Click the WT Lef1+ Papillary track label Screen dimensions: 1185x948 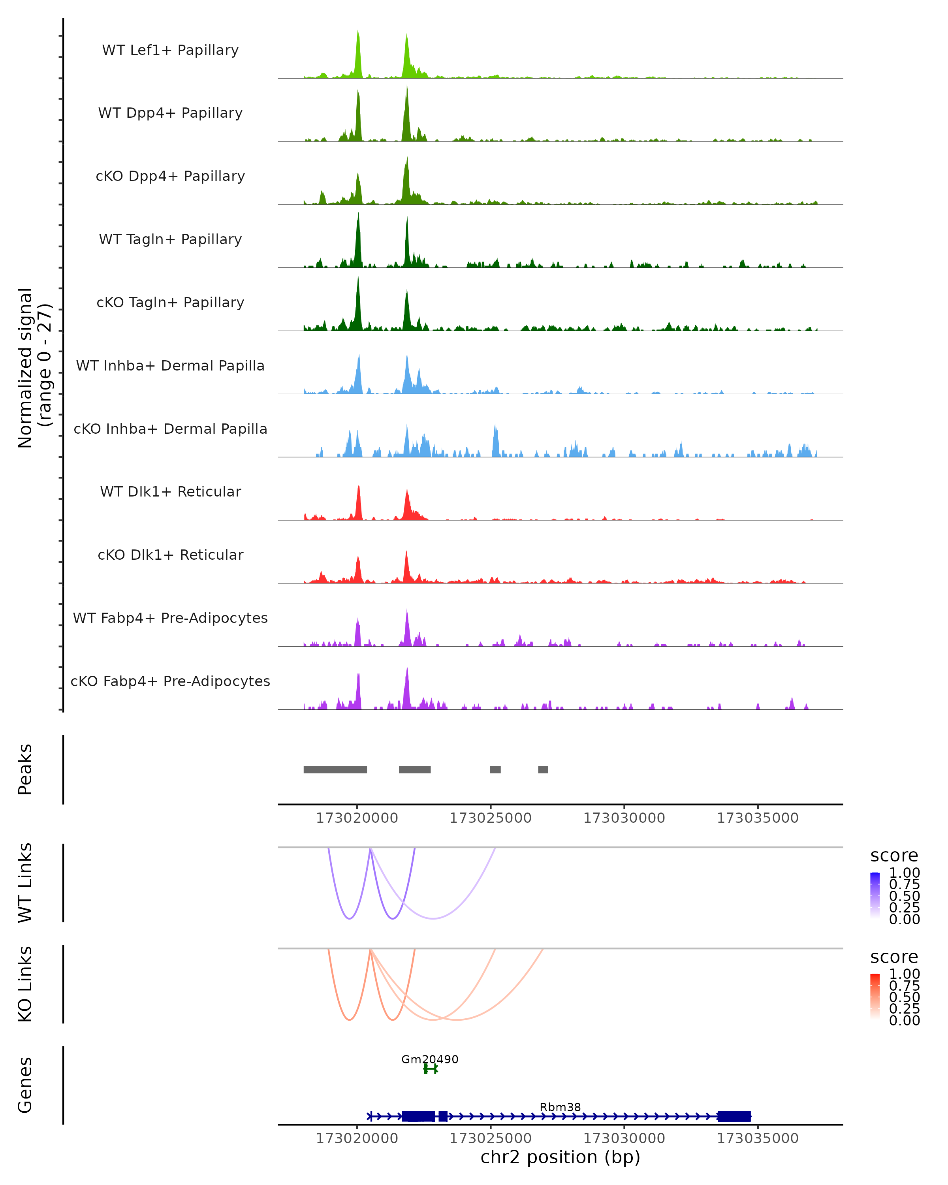170,50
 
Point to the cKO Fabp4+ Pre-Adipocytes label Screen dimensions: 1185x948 170,681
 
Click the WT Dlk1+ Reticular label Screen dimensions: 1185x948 170,491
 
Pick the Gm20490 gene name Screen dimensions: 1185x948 430,1059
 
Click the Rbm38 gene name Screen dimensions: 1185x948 560,1107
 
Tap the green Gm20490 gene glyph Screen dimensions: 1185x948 430,1068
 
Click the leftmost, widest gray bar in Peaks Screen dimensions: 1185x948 335,769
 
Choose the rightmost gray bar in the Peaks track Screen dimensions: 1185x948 543,769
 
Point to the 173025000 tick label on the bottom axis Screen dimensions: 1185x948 490,1138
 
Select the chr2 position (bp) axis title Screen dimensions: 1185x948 560,1157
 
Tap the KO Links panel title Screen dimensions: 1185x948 25,984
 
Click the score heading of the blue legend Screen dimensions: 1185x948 894,856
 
